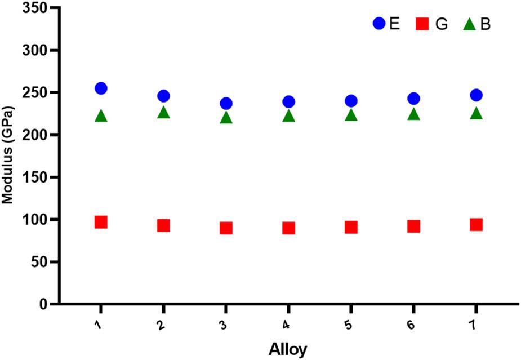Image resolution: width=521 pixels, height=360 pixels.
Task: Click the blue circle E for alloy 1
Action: [101, 88]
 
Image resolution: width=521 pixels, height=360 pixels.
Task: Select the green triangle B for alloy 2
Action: [163, 113]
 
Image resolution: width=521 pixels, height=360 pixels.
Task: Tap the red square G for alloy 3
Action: [226, 228]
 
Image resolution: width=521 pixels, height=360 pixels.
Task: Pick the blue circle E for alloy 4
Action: [288, 102]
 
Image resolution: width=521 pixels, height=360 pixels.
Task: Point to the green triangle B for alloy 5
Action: [351, 115]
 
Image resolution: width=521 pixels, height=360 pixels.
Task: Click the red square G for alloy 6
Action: [413, 226]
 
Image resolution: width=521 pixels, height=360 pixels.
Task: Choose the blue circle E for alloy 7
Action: [476, 95]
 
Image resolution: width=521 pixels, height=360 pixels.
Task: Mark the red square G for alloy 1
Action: [101, 222]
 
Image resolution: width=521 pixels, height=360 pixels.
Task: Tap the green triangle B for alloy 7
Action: [476, 114]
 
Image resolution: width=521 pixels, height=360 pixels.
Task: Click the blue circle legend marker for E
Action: [379, 24]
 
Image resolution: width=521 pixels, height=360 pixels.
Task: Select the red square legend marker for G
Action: [422, 24]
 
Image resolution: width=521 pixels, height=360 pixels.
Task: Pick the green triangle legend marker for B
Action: [469, 24]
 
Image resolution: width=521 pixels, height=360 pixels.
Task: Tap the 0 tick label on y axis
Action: [39, 304]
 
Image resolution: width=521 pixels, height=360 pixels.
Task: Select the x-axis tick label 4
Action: [288, 326]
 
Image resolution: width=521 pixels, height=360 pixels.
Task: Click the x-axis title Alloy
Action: [288, 349]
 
